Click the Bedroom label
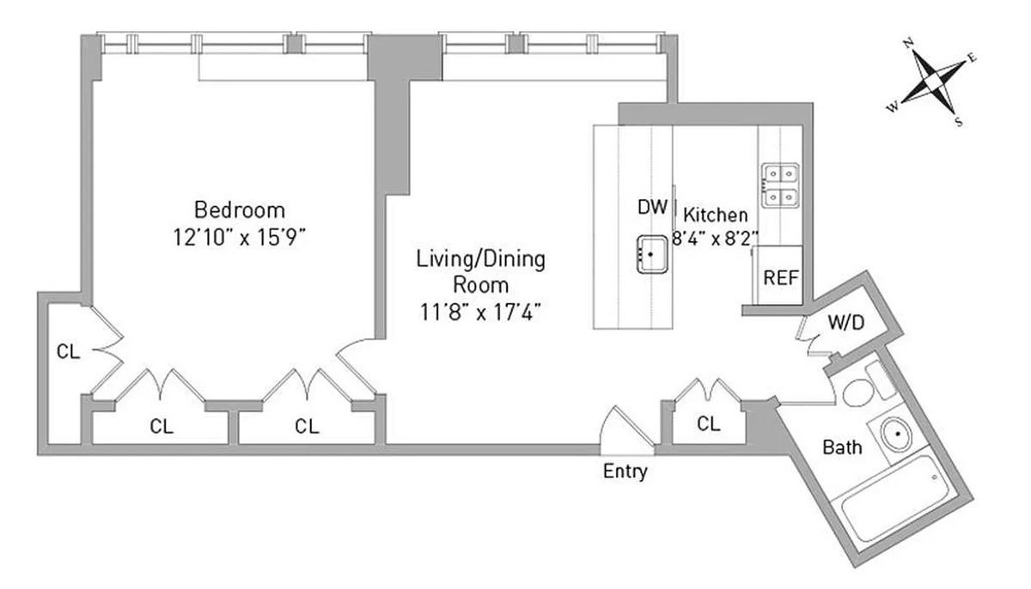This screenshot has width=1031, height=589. coord(240,210)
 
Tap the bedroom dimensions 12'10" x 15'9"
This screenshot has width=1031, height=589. coord(240,238)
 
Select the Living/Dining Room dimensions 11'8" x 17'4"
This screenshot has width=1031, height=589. coord(480,313)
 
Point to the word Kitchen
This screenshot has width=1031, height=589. coord(715,215)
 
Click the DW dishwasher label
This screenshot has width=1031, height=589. coord(652,208)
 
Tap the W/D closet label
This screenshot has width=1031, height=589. coord(846,322)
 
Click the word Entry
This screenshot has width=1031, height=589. coord(625,471)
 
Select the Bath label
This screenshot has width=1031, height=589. coord(842,447)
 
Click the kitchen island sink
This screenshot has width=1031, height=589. coord(652,254)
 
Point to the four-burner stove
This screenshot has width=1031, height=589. coord(780,185)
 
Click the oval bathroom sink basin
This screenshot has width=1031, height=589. coord(897,434)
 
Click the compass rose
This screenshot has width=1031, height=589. coord(933,82)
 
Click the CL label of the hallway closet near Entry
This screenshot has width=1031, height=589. coord(708,424)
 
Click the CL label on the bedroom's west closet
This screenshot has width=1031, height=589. coord(68,352)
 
